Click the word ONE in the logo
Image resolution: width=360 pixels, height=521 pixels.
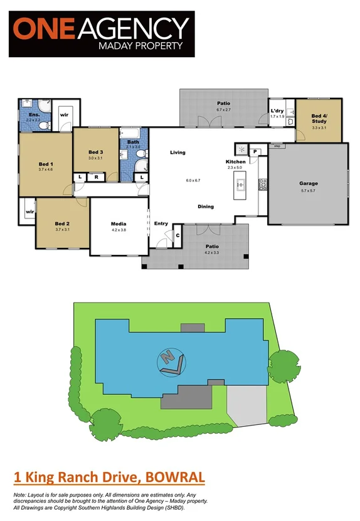tap(44, 29)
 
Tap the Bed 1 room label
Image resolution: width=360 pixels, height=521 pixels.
tap(45, 164)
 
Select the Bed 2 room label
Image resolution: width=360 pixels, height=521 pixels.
tap(61, 223)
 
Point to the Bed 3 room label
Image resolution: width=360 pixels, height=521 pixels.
tap(95, 152)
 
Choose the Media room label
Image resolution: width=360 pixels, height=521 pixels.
tap(119, 223)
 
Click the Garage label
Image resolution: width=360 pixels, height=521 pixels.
tap(308, 184)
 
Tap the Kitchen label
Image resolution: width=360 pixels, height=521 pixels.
tap(236, 161)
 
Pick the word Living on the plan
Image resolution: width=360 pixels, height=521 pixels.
tap(178, 152)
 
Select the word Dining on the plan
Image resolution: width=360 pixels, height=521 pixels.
tap(206, 206)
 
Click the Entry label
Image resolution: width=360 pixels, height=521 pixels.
tap(161, 223)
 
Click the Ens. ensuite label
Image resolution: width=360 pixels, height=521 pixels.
tap(34, 115)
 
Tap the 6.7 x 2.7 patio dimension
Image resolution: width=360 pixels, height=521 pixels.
tap(224, 110)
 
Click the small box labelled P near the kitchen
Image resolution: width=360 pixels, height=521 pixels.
tap(256, 151)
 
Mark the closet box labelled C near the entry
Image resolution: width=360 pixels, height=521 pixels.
tap(177, 235)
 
